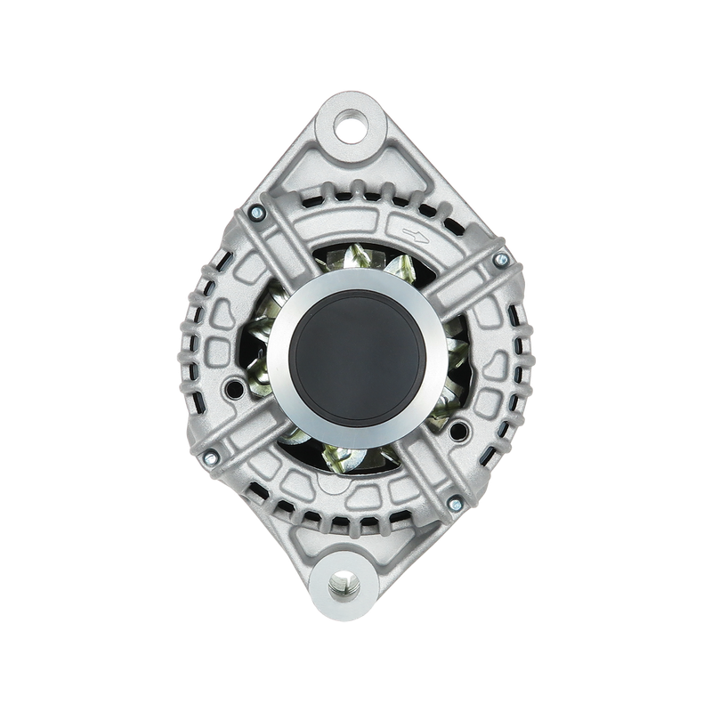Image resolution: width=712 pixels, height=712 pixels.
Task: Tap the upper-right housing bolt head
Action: [x=500, y=259]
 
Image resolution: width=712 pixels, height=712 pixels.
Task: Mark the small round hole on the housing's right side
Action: [x=459, y=433]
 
